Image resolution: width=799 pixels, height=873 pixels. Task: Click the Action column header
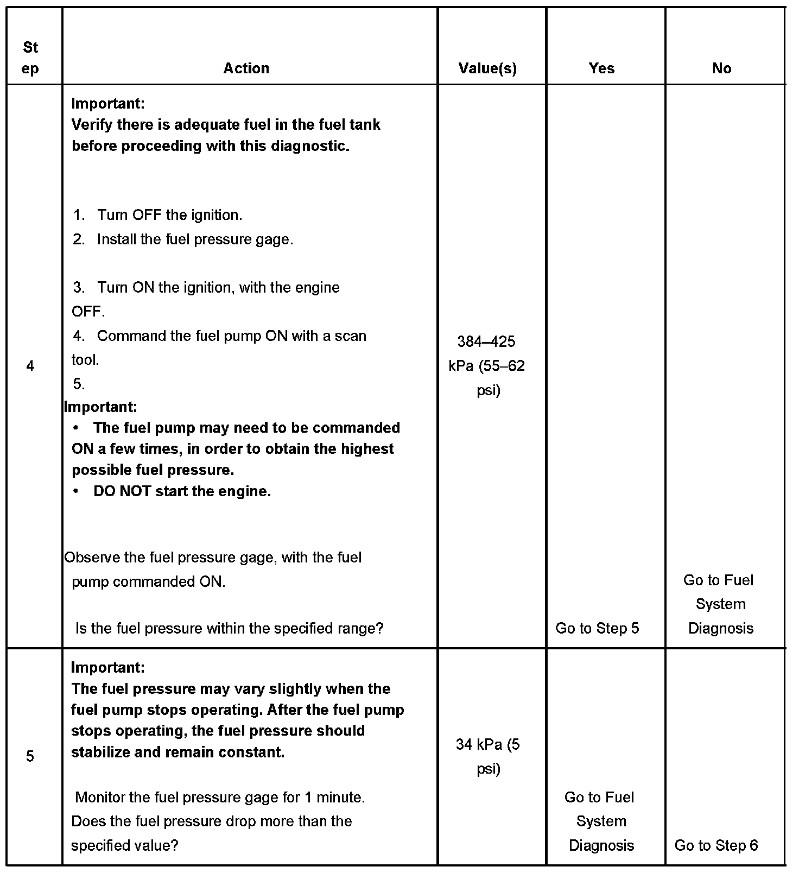246,68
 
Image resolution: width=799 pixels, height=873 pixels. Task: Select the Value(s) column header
487,68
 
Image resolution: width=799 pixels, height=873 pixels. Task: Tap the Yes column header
601,68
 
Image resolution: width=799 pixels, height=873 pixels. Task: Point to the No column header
721,68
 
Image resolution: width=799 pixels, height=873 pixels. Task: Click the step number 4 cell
30,366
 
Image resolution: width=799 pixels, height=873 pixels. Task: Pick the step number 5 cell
30,756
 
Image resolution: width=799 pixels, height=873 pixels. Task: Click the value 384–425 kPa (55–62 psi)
487,366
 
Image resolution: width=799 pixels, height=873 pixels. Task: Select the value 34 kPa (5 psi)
487,756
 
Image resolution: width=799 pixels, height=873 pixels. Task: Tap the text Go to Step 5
597,628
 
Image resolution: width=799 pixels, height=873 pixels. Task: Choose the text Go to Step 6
716,845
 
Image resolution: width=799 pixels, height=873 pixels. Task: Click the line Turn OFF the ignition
169,215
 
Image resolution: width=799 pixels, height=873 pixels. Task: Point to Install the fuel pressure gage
195,239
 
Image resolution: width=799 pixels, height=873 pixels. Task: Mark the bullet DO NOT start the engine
182,491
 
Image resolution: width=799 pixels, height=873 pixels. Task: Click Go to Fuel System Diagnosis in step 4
720,604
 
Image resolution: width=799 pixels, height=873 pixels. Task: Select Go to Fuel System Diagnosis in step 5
601,821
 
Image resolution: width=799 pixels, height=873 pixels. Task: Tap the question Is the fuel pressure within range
229,628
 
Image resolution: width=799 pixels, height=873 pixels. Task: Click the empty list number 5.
79,384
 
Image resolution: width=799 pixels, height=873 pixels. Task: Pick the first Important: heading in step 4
108,103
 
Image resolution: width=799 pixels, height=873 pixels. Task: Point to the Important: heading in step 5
108,667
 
